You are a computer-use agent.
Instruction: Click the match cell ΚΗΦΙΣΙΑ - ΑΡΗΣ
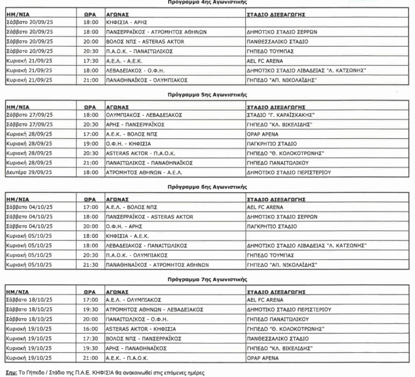[124, 22]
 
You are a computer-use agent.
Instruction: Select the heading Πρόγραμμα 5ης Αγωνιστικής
[208, 93]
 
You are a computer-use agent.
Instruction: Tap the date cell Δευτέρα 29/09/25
[32, 172]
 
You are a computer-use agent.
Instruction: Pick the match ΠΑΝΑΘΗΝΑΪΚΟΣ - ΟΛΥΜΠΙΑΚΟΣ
[146, 80]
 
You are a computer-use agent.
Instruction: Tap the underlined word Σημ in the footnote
[10, 373]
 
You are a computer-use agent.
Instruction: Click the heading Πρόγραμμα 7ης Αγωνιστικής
[208, 279]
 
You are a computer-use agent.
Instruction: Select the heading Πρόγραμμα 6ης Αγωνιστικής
[208, 186]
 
